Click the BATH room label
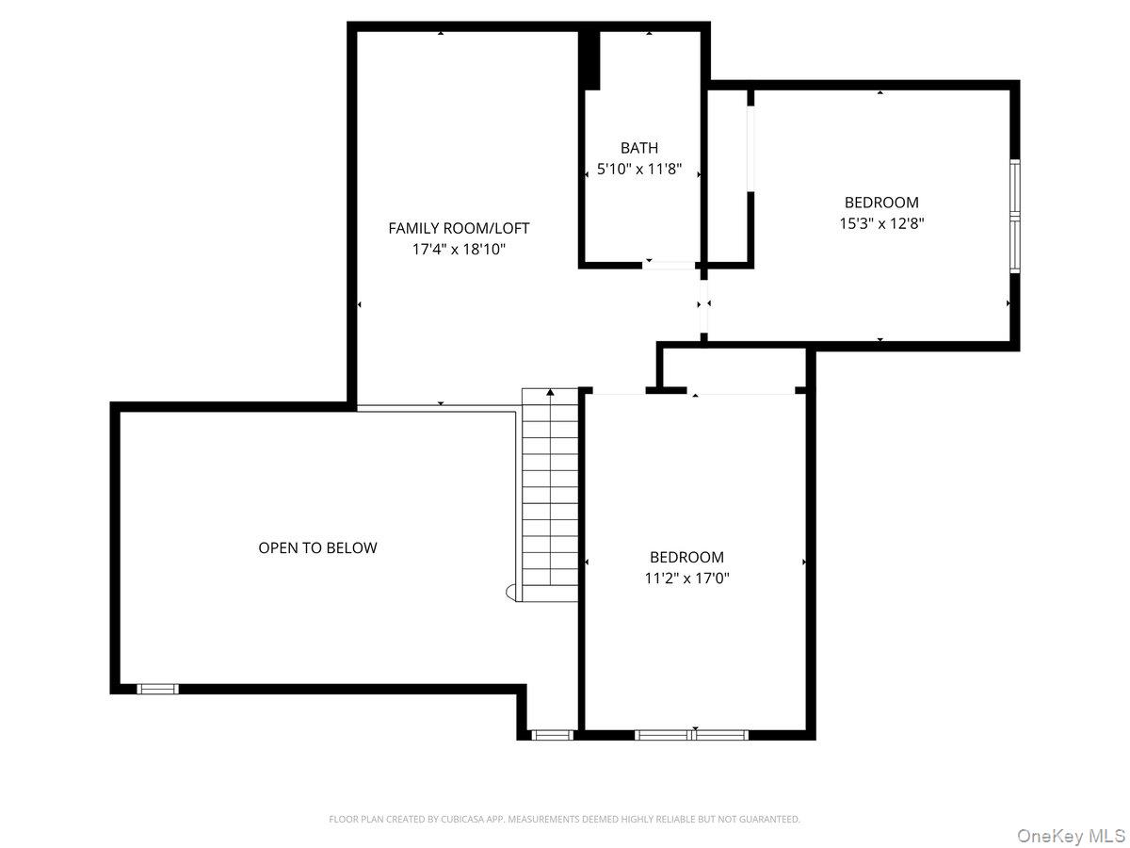tap(639, 148)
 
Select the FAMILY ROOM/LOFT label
tap(459, 228)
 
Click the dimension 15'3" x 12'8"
tap(880, 224)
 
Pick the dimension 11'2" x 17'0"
tap(686, 579)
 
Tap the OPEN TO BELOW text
tap(317, 547)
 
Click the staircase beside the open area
tap(550, 490)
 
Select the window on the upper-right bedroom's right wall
tap(1015, 217)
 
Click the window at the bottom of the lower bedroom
tap(692, 734)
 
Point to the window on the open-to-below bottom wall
tap(157, 689)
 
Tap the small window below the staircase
tap(551, 734)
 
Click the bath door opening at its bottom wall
tap(669, 265)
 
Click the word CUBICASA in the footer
tap(460, 820)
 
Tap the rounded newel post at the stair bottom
tap(511, 592)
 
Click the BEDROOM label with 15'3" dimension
tap(880, 202)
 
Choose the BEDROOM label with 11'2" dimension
tap(686, 557)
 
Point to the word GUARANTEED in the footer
tap(767, 820)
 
